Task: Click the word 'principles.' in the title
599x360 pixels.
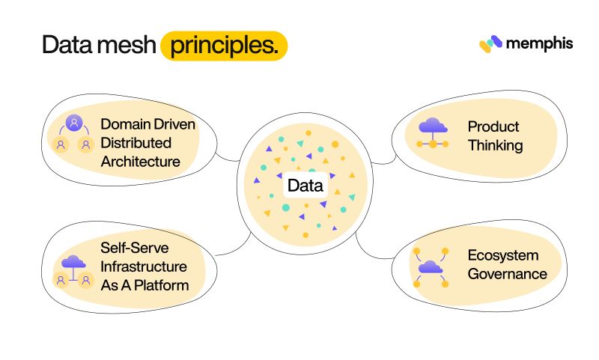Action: [x=224, y=46]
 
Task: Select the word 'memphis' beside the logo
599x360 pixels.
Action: [x=539, y=43]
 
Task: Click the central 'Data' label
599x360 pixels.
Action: [x=305, y=185]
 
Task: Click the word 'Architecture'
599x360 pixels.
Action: [x=140, y=161]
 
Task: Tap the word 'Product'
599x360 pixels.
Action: [x=493, y=126]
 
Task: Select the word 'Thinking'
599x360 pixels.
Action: [x=495, y=145]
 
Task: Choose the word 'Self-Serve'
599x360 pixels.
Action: [x=134, y=247]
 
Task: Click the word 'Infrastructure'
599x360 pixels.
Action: [x=143, y=266]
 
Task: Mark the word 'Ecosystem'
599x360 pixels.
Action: [x=502, y=254]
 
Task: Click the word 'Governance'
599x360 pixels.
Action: [x=507, y=274]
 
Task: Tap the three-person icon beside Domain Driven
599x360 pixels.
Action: [x=74, y=132]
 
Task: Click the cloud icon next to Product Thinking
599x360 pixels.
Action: [x=433, y=132]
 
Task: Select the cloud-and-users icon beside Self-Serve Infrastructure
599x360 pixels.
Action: [x=73, y=271]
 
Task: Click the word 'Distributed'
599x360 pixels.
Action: [x=136, y=142]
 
